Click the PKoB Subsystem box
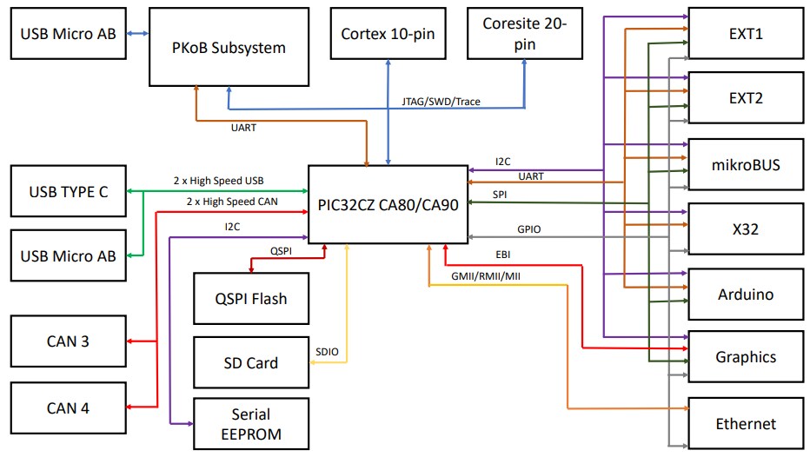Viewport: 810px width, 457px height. click(229, 47)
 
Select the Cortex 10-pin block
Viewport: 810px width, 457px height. click(388, 35)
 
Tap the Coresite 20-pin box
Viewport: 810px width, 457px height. click(524, 35)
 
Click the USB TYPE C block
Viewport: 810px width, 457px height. click(69, 191)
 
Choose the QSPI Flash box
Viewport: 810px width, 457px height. click(250, 299)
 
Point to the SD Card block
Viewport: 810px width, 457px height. click(250, 363)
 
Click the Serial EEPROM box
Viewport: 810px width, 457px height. click(250, 424)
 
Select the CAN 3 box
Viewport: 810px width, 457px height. click(68, 341)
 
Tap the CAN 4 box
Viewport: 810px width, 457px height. click(68, 407)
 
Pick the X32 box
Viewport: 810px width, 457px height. click(746, 228)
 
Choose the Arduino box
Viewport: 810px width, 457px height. click(746, 295)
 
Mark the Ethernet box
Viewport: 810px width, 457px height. click(746, 423)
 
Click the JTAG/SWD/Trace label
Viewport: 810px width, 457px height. click(441, 102)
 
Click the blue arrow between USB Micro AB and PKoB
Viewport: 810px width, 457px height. click(136, 34)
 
